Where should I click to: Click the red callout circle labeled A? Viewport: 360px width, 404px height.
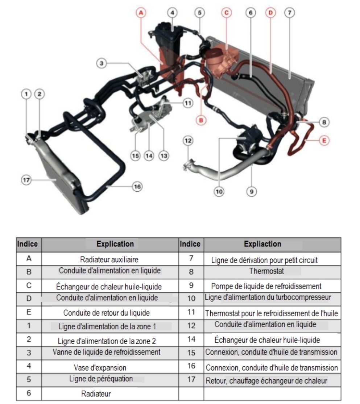click(x=141, y=13)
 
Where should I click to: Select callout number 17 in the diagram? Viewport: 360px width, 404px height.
click(x=26, y=180)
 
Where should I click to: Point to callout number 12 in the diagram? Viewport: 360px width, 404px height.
click(x=188, y=140)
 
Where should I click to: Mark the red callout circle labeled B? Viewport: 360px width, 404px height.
click(x=201, y=119)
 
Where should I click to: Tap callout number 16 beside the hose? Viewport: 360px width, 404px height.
click(x=137, y=187)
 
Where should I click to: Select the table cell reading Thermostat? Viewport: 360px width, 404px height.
click(x=266, y=271)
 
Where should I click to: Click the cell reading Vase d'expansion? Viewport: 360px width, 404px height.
click(x=100, y=367)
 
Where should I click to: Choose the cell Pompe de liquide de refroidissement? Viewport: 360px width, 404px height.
click(x=266, y=286)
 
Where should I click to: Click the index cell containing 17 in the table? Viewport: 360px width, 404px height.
click(x=191, y=380)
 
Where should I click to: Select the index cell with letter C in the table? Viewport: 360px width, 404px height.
click(x=29, y=286)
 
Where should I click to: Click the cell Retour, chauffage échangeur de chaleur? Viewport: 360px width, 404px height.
click(x=266, y=381)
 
